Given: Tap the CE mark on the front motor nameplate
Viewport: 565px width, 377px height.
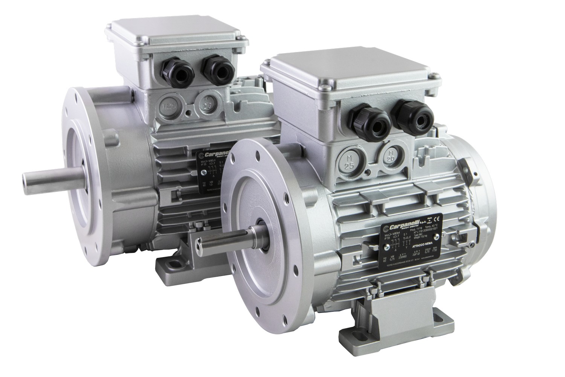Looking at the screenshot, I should tap(437, 219).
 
